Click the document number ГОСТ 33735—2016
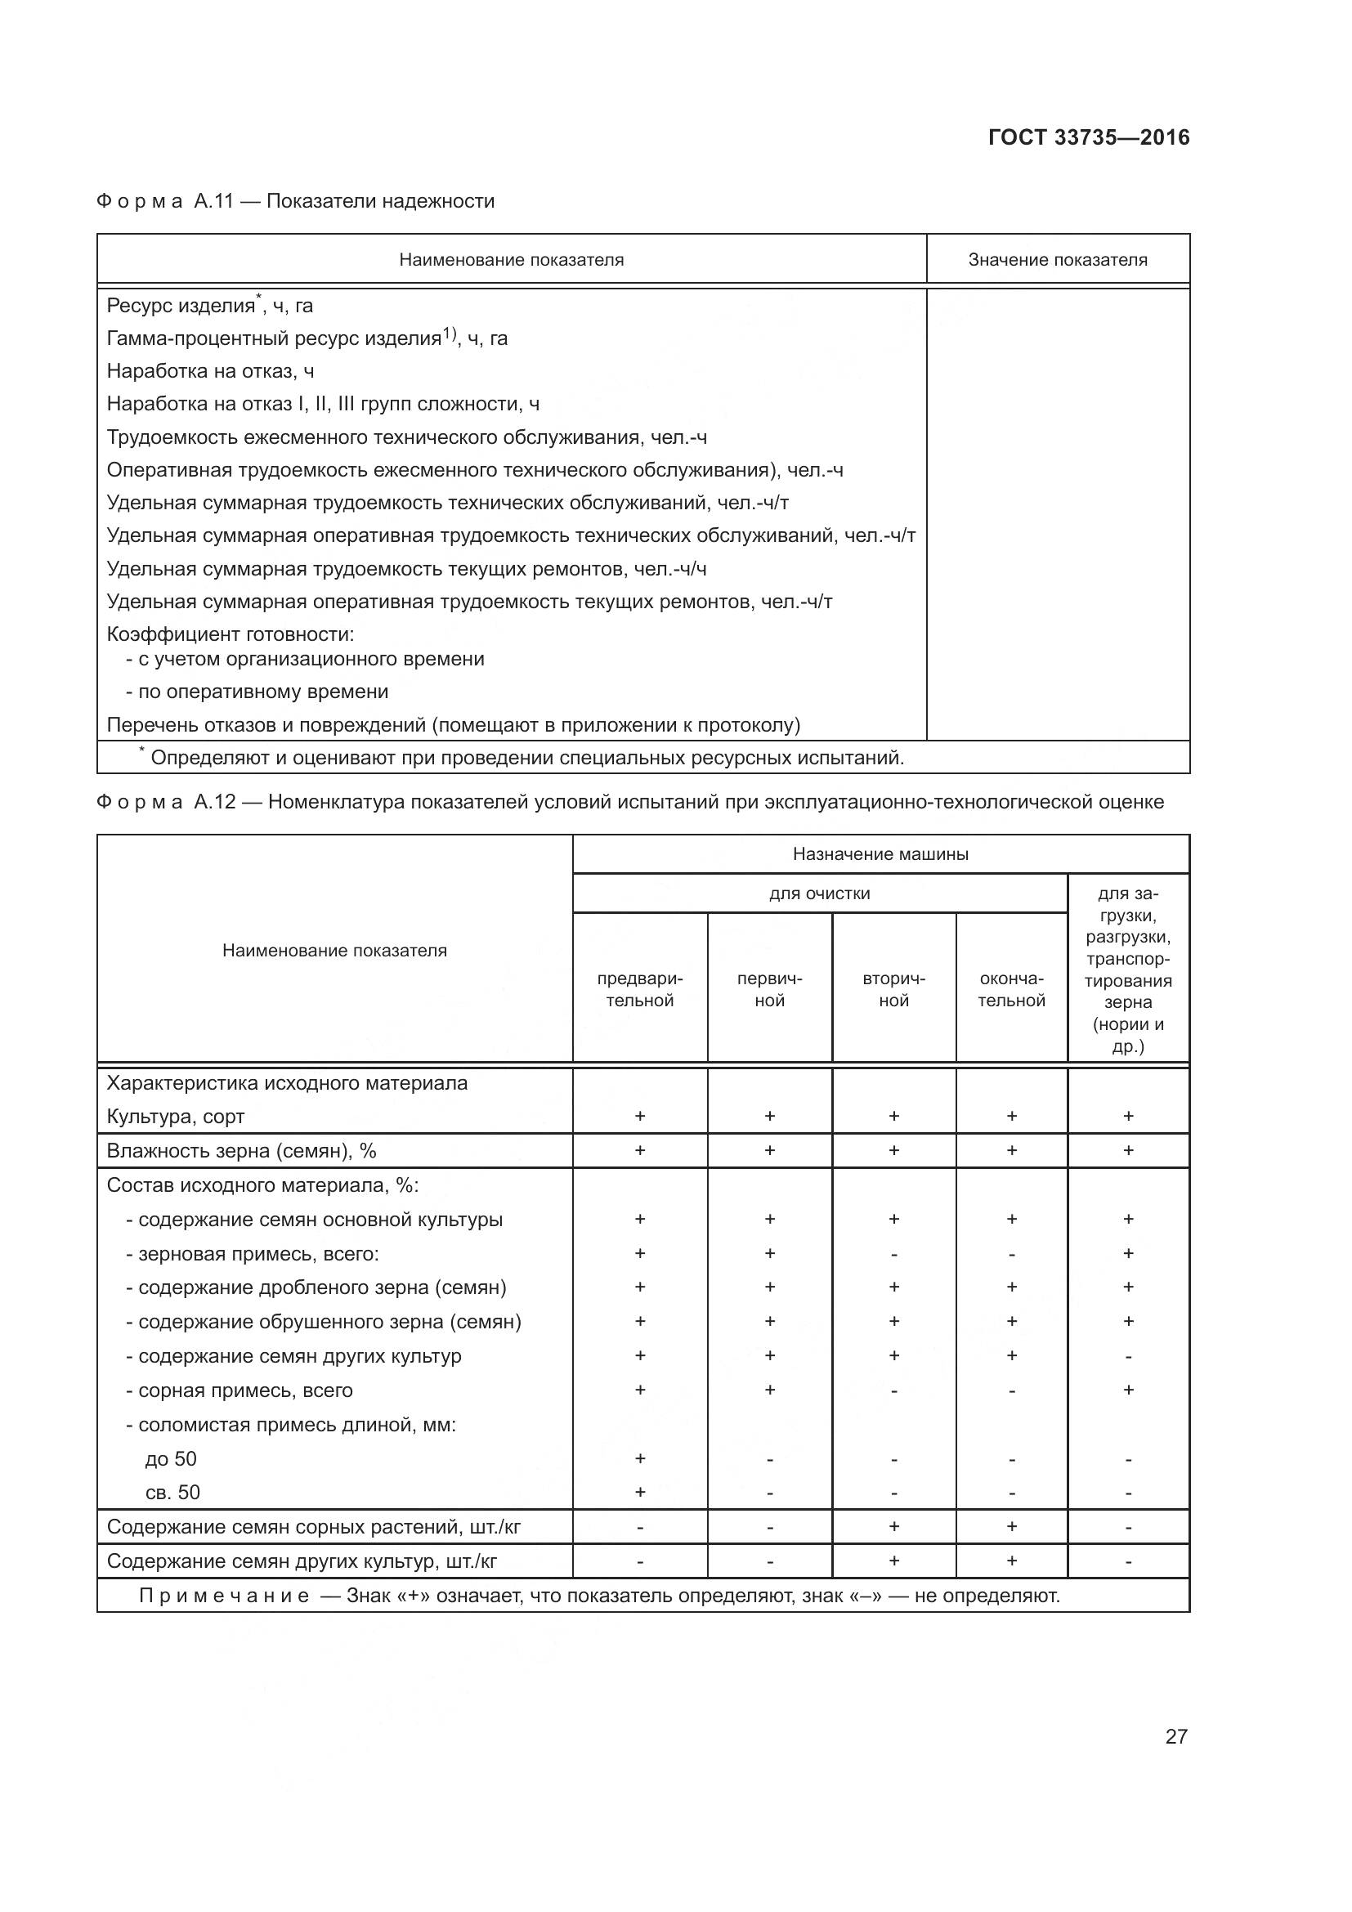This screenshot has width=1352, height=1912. (x=1088, y=137)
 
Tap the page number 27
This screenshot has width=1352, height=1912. (x=1175, y=1736)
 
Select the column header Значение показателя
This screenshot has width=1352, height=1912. (x=1057, y=260)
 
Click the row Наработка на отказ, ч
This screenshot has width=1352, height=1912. (x=211, y=370)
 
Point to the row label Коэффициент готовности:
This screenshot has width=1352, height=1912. (x=231, y=634)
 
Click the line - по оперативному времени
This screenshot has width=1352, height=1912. (x=257, y=692)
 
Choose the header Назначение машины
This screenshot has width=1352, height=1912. (x=880, y=853)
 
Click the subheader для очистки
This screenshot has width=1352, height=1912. (x=819, y=893)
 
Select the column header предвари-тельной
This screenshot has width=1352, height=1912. (x=639, y=989)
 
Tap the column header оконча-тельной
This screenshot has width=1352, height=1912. (x=1010, y=989)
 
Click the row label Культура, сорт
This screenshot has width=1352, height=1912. (x=176, y=1117)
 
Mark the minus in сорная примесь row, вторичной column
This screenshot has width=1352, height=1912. (x=893, y=1390)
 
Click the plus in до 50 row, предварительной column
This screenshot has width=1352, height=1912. (x=639, y=1458)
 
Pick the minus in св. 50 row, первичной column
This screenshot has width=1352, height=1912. (x=769, y=1493)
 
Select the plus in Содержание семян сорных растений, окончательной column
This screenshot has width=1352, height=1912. (x=1010, y=1526)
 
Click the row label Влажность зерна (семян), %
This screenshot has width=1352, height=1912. (x=241, y=1151)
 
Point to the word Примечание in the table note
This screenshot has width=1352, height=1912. (x=224, y=1596)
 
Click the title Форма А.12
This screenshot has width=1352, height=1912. (x=166, y=802)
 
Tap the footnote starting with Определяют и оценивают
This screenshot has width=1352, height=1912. (x=526, y=758)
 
